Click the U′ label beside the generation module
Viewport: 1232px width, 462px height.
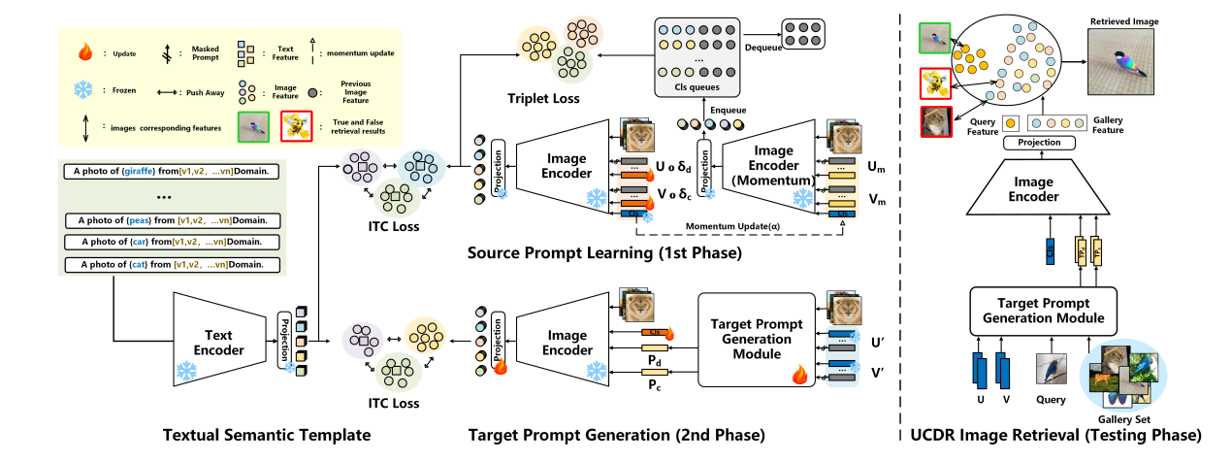point(878,343)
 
